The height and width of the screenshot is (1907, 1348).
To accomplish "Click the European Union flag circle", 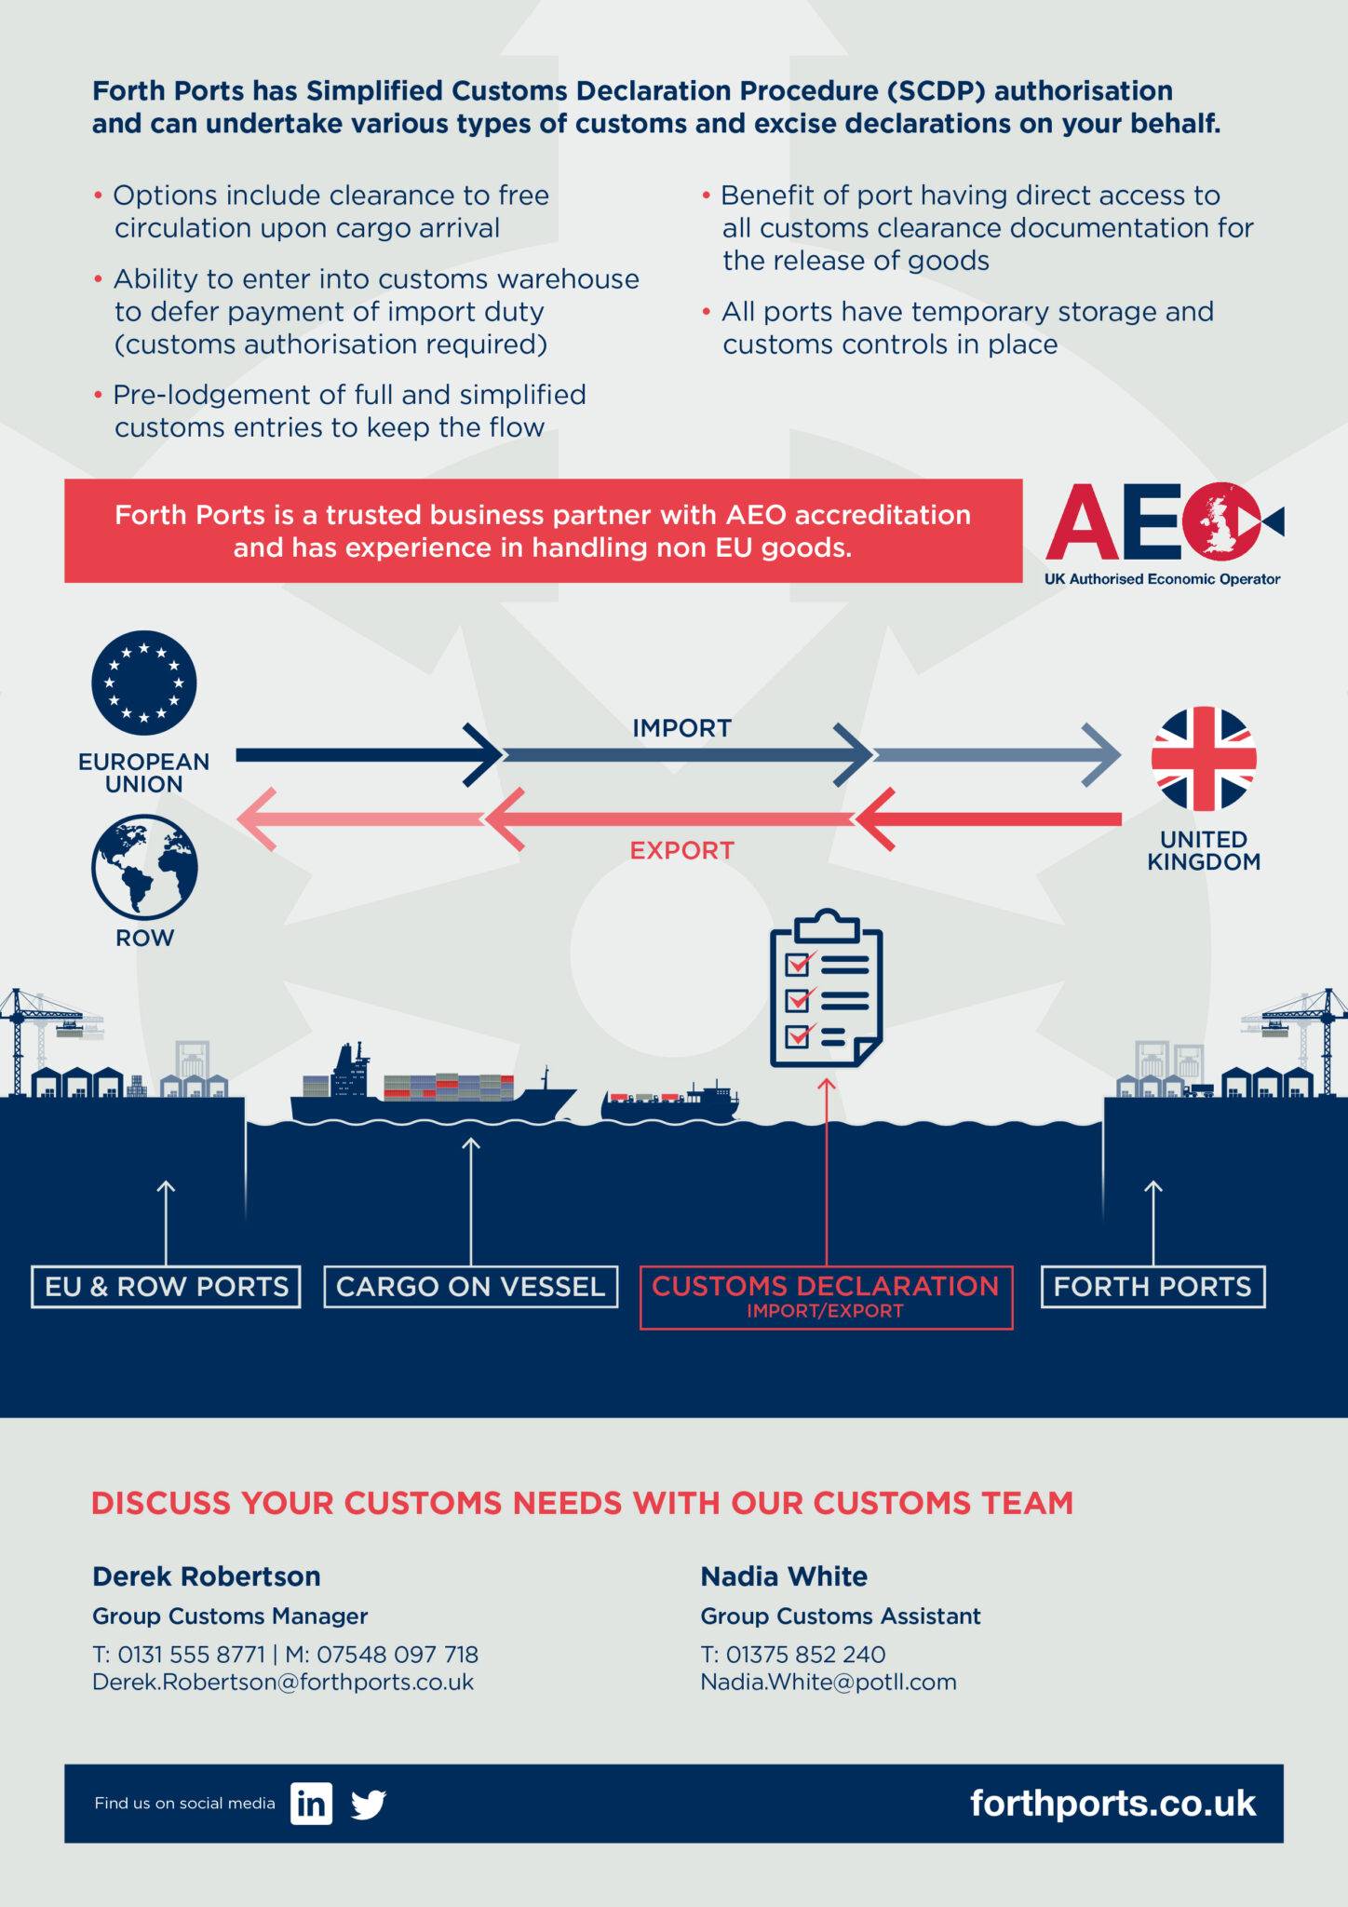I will point(144,683).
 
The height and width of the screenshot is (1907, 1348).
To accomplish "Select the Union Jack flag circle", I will point(1204,758).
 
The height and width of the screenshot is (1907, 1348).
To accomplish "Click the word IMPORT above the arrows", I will point(681,728).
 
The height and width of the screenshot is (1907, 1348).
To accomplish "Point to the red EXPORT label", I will point(681,850).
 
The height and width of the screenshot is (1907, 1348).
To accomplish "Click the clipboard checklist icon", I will point(826,989).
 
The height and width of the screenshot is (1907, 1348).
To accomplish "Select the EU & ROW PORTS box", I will point(166,1287).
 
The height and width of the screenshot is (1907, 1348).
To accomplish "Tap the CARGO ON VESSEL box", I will point(470,1287).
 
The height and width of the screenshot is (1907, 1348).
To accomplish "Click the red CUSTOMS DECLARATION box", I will point(826,1296).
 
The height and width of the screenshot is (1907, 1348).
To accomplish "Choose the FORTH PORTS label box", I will point(1153,1287).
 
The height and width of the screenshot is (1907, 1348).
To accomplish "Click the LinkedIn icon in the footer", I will point(311,1804).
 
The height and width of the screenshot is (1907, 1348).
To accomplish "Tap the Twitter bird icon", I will point(369,1805).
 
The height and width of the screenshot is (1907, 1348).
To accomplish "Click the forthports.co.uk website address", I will point(1112,1804).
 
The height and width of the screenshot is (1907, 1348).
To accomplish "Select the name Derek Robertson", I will point(207,1576).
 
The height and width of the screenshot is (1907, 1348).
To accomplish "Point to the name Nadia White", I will point(784,1576).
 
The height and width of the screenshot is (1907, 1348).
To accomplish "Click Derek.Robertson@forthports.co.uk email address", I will point(283,1683).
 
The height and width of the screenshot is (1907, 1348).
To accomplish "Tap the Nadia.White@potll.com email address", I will point(829,1683).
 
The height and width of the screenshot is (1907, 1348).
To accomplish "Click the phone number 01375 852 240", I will point(805,1655).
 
